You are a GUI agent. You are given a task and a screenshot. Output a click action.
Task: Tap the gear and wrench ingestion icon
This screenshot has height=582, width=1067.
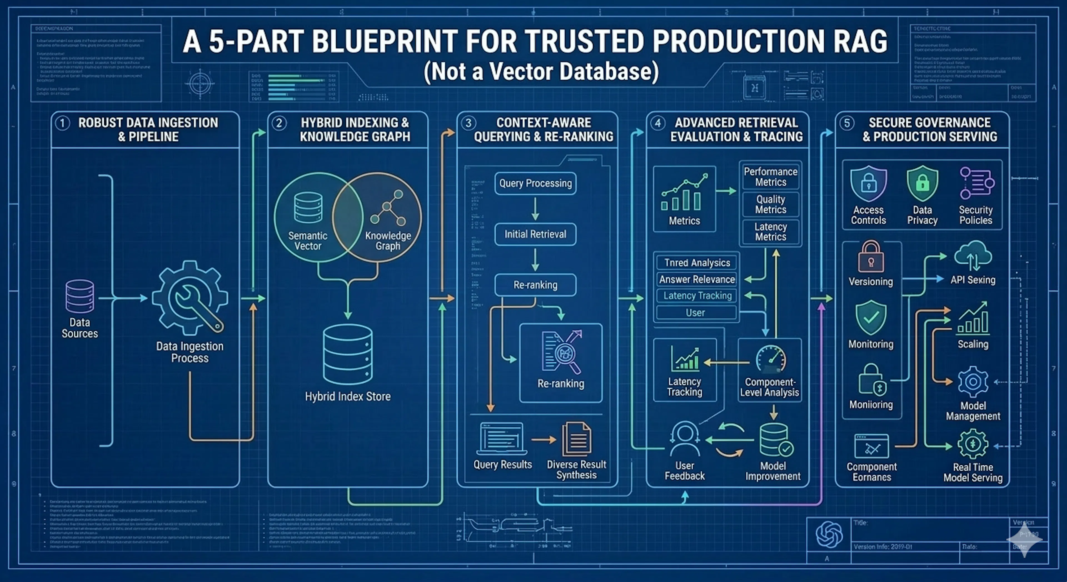pos(190,298)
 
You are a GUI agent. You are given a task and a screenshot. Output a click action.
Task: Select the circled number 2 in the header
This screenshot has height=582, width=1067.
pos(279,123)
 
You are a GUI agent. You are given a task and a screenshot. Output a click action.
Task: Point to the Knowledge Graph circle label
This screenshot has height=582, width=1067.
pos(388,241)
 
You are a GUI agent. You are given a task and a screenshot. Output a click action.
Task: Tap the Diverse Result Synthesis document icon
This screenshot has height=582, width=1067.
pos(576,439)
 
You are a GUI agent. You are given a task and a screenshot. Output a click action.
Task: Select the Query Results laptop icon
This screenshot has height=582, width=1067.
pos(502,439)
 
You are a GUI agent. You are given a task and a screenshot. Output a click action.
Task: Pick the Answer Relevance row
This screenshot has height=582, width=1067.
pos(697,279)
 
